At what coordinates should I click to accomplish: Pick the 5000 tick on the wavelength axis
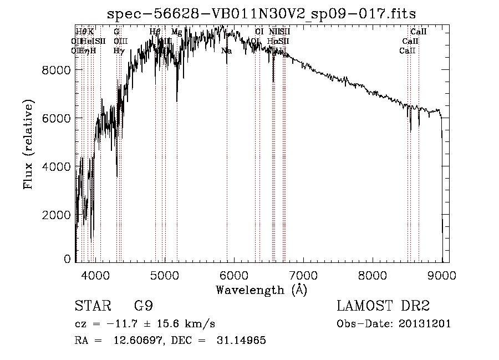coord(164,275)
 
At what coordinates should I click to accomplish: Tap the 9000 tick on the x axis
coord(442,275)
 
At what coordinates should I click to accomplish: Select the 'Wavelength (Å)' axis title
coord(261,290)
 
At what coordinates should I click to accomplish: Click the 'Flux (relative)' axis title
coord(28,144)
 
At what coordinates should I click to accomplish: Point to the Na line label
coord(226,51)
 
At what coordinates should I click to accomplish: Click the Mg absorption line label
coord(176,32)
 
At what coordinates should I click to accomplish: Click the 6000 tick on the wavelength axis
coord(233,275)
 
